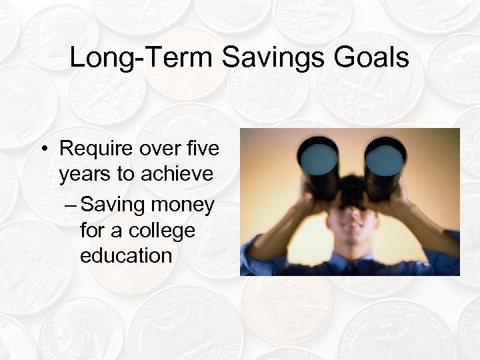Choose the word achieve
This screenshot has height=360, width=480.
click(x=179, y=175)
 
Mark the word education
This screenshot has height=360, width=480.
click(x=126, y=255)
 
